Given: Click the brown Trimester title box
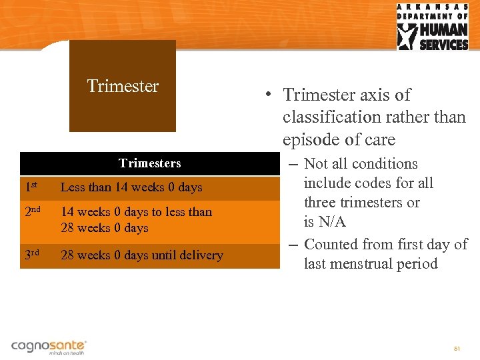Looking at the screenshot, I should click(123, 86).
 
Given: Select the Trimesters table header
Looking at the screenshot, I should click(149, 163).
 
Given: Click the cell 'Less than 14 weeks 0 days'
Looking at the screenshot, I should click(131, 188).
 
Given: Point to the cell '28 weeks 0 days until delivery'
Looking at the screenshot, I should click(142, 255).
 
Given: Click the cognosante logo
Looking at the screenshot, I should click(49, 347).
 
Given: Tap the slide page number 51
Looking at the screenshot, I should click(457, 349).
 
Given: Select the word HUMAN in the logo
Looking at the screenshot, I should click(443, 31).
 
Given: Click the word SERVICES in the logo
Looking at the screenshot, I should click(443, 45).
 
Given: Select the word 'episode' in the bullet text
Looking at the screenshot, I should click(310, 140).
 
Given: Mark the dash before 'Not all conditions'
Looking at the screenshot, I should click(295, 164).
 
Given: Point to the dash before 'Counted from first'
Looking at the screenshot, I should click(295, 245).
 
